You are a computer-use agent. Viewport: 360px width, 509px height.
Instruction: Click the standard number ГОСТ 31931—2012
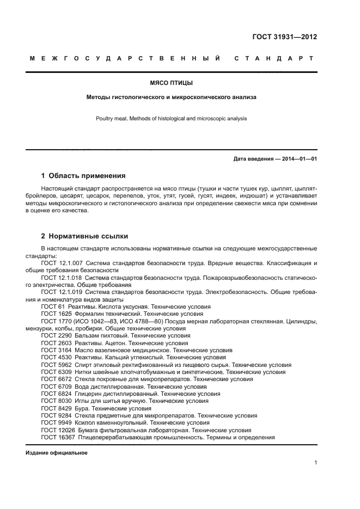click(x=284, y=37)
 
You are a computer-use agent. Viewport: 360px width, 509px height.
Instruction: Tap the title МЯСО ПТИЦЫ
click(x=172, y=83)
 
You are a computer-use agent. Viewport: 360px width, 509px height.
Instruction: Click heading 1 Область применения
click(x=83, y=176)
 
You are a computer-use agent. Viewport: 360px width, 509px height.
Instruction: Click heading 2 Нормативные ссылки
click(x=85, y=236)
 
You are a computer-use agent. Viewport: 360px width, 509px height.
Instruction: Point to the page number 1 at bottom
click(x=315, y=463)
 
